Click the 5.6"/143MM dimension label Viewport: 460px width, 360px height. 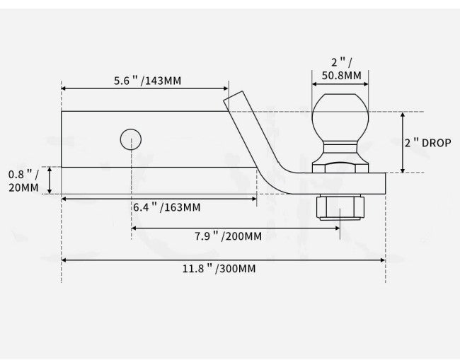pos(147,81)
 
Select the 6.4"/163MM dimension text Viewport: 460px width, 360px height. pos(166,207)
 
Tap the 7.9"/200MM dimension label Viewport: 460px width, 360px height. pos(227,236)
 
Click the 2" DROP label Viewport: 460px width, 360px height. pos(427,142)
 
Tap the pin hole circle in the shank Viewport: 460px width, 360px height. pos(131,139)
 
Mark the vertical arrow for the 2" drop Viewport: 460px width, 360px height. pos(403,142)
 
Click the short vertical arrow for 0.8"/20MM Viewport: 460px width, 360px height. pos(50,180)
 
